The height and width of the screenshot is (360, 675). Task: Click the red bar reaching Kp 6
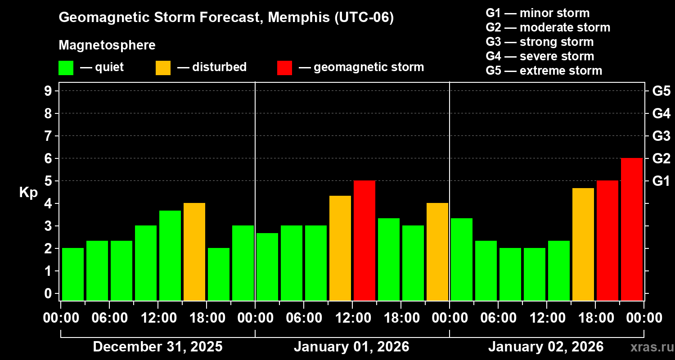(631, 229)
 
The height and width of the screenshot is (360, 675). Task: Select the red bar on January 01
(364, 241)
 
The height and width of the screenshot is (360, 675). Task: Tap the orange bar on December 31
(194, 252)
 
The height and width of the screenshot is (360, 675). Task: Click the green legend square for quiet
(66, 68)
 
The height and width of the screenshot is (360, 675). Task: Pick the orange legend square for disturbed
(163, 68)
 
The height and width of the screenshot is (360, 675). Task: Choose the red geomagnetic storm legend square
(284, 68)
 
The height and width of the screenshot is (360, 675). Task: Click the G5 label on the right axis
(661, 91)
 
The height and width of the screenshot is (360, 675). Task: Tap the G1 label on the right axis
(661, 181)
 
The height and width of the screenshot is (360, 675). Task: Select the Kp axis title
(28, 193)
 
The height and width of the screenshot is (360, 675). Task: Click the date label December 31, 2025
(157, 347)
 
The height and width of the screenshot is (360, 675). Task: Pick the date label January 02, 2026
(546, 347)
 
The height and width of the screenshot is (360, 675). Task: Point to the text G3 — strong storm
(540, 42)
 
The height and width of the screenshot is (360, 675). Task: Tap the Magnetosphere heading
(107, 45)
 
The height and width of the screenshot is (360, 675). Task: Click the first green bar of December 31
(72, 274)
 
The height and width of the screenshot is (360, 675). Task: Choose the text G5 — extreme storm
(544, 71)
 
